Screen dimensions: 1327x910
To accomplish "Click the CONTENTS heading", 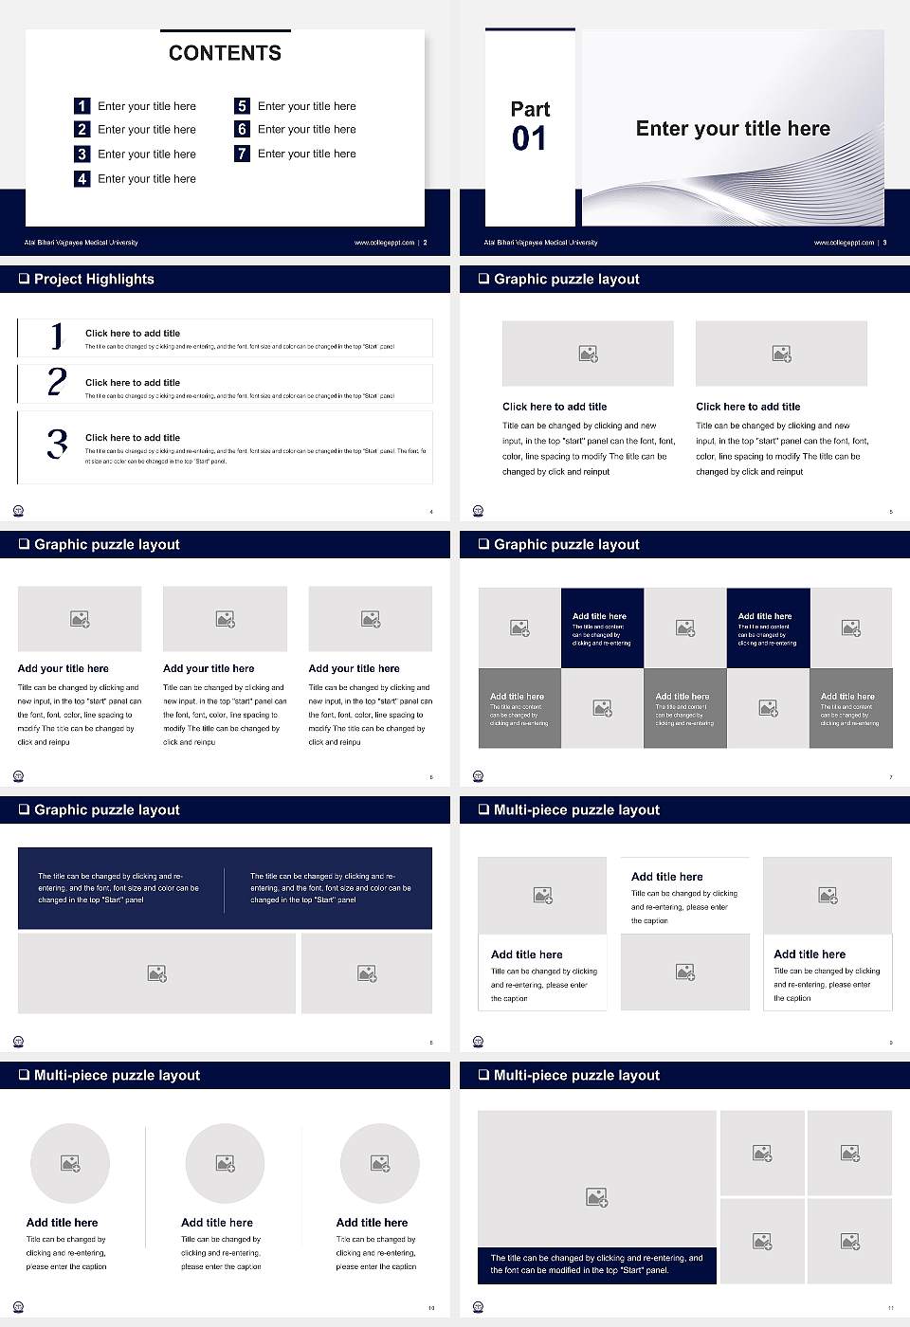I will point(225,53).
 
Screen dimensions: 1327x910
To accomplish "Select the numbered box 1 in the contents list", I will point(82,106).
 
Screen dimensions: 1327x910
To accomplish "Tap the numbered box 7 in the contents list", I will point(242,154).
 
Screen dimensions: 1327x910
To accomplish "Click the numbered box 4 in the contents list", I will point(82,178).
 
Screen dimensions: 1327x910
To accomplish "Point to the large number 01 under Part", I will point(529,139).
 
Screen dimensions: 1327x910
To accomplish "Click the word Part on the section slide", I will point(530,109).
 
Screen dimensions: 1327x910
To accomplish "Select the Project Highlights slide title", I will point(94,279).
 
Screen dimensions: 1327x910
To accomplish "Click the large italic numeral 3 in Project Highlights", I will point(58,444).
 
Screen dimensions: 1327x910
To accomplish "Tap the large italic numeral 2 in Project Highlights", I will point(57,382).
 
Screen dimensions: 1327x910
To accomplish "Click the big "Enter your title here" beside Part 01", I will point(733,129).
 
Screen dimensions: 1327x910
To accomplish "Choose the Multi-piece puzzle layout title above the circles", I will point(117,1075).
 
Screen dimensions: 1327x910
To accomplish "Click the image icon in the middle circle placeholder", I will point(225,1163).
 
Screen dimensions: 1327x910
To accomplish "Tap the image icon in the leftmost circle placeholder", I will point(70,1163).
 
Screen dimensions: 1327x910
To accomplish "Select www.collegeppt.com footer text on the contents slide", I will point(384,243).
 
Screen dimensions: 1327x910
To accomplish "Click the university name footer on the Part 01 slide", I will point(540,243).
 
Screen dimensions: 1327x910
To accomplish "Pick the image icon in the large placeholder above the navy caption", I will point(596,1197).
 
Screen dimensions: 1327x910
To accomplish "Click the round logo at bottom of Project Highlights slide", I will point(18,511).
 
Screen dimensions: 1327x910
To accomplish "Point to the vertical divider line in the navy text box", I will point(225,889).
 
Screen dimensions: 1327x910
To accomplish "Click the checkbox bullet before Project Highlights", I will point(24,279).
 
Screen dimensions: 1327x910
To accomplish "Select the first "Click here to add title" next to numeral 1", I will point(133,333).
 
